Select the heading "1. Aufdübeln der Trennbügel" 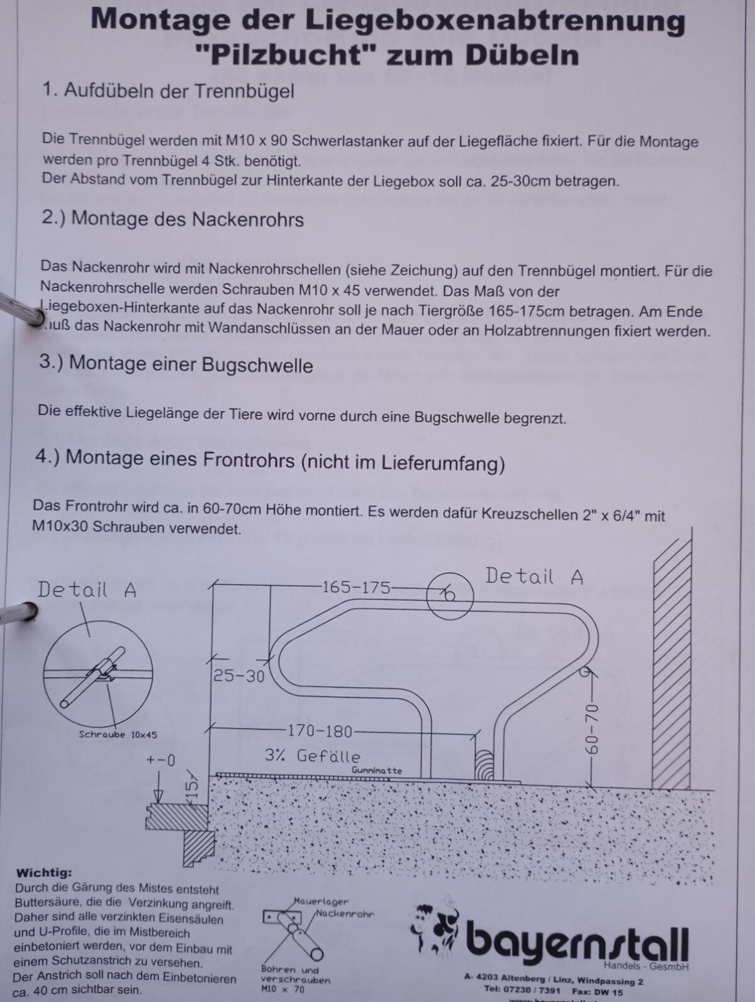pos(168,91)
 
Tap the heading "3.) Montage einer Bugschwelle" pos(176,364)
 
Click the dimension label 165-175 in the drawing pos(355,587)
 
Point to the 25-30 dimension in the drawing pos(238,676)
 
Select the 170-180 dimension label pos(320,731)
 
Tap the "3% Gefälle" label pos(312,755)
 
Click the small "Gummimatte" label pos(376,771)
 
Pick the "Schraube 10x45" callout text pos(118,734)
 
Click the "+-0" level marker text pos(160,760)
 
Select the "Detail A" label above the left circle pos(87,589)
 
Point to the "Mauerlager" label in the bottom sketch pos(320,901)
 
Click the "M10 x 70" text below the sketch pos(282,989)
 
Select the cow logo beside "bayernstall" pos(436,928)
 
